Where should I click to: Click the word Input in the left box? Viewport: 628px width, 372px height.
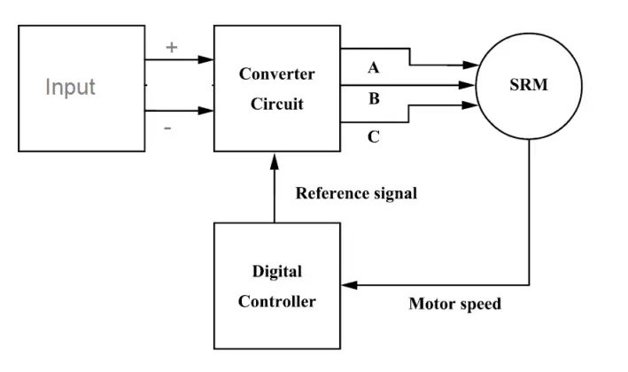(x=71, y=88)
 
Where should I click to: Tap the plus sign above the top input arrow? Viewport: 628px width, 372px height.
(x=172, y=47)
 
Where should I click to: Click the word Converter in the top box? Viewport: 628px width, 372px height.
(x=276, y=74)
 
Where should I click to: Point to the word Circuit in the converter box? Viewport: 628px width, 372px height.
(x=276, y=104)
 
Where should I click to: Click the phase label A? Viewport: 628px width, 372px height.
(x=373, y=68)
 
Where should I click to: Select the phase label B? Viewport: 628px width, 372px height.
(x=374, y=98)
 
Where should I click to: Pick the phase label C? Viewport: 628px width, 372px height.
(x=374, y=137)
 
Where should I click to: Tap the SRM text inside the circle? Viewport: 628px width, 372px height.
(x=528, y=85)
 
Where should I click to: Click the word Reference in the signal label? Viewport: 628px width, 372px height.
(x=331, y=193)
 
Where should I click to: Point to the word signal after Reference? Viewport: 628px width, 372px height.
(x=394, y=193)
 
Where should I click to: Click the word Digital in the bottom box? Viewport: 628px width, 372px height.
(x=276, y=271)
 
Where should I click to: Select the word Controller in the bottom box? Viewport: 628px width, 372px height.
(x=276, y=301)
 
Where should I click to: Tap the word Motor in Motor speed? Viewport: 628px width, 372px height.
(x=432, y=304)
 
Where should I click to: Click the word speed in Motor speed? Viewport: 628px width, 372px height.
(x=480, y=304)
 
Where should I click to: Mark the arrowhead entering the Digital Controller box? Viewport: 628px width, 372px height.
(x=348, y=285)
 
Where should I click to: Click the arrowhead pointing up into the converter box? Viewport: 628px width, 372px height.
(x=274, y=159)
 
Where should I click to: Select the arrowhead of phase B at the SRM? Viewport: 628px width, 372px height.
(x=469, y=86)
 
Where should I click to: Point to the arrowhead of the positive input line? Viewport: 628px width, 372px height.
(x=206, y=60)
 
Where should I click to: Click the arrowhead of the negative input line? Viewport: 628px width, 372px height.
(x=206, y=112)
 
